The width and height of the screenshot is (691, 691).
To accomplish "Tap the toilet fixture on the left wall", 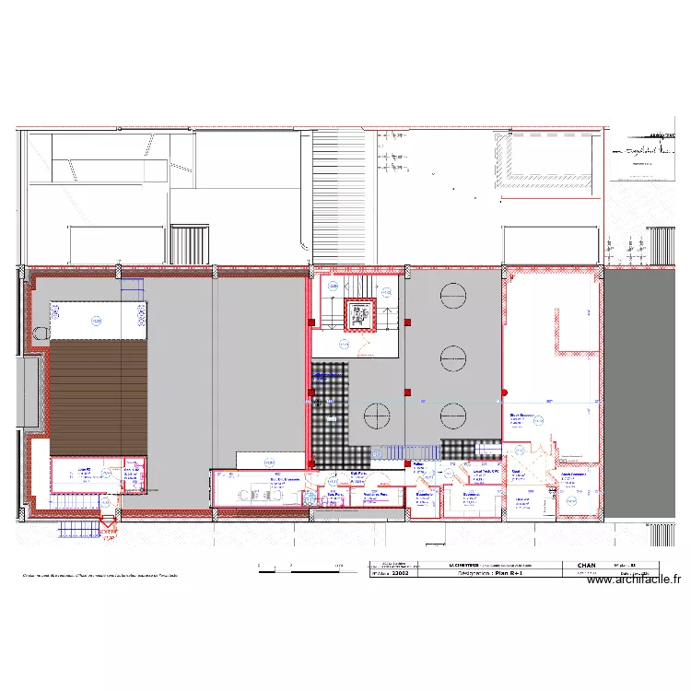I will click(x=40, y=332).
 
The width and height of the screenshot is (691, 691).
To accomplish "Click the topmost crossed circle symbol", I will click(x=452, y=295).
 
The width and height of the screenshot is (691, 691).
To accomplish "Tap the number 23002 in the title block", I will click(x=401, y=573).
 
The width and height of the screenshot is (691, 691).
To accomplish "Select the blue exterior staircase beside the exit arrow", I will click(x=79, y=528).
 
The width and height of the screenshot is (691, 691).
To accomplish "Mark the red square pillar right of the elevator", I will click(x=407, y=322).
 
